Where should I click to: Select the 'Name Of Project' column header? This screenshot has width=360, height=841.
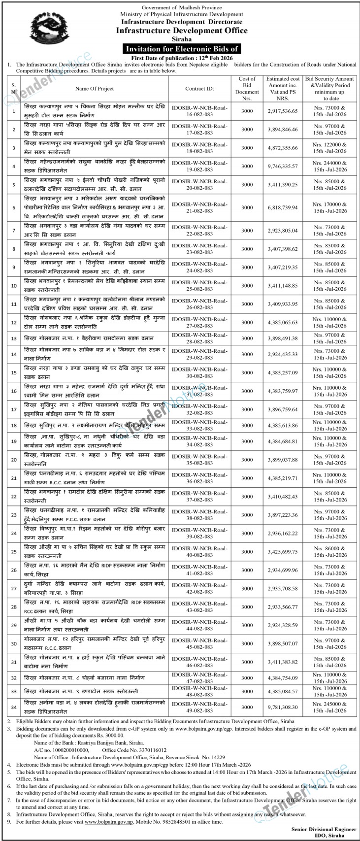[x=95, y=89]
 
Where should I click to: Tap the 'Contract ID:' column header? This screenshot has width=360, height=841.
[x=199, y=89]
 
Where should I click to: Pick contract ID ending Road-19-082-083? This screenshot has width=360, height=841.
[x=199, y=165]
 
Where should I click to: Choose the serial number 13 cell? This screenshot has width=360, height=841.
[x=14, y=338]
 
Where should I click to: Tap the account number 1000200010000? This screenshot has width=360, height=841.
[x=68, y=749]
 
